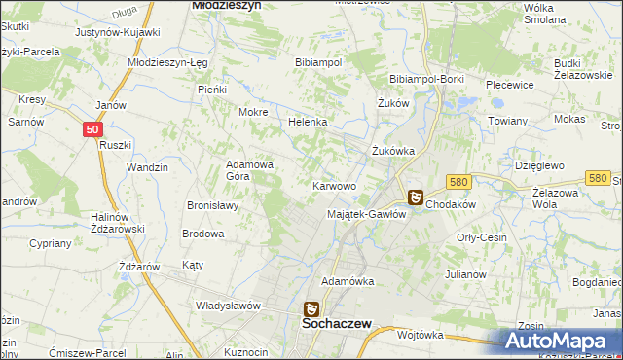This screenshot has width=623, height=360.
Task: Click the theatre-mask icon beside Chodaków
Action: [415, 198]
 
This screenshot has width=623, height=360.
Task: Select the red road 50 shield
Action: [91, 128]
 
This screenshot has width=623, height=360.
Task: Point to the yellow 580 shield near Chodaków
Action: [459, 182]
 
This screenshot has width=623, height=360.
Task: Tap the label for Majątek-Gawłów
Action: [366, 214]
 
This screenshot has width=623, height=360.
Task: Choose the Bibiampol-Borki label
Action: [424, 78]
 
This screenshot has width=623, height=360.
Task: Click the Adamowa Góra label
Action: [250, 171]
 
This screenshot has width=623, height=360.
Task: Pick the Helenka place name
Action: [307, 123]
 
